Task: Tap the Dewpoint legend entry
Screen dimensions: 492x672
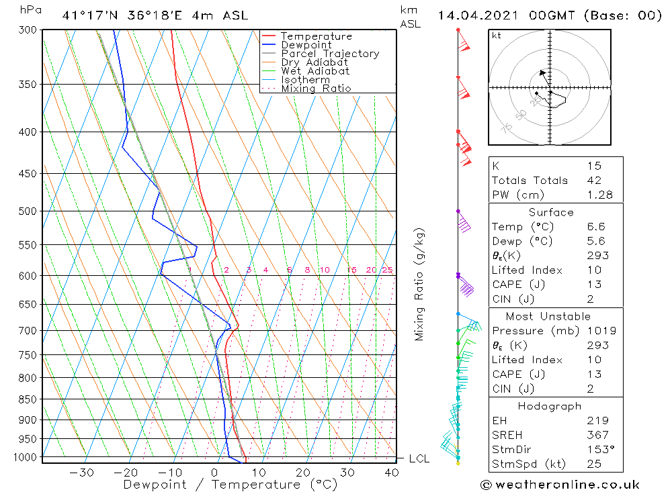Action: coord(306,45)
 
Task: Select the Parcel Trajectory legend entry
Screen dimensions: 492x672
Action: coord(330,54)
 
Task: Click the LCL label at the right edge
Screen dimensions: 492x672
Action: coord(419,458)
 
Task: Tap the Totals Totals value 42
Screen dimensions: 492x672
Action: coord(593,181)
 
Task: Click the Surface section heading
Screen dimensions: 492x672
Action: coord(551,212)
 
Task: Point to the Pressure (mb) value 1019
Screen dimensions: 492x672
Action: coord(599,331)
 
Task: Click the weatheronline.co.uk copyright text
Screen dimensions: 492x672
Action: coord(560,485)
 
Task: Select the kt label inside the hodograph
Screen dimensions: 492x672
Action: coord(497,35)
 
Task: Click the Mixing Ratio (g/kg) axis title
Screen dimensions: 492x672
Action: coord(420,285)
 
